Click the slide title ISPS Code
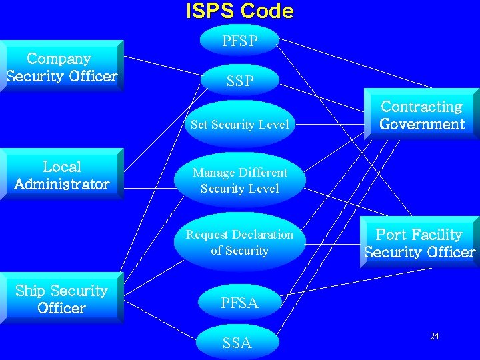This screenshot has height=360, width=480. [239, 11]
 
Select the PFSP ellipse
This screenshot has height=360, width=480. [239, 41]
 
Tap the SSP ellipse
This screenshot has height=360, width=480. [239, 81]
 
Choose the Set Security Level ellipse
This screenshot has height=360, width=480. [239, 124]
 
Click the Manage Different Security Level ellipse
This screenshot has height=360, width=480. [239, 180]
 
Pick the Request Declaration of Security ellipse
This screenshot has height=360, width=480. [239, 242]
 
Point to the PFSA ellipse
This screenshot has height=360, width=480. [239, 303]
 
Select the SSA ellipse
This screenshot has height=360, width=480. [237, 343]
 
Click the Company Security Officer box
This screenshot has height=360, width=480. [61, 67]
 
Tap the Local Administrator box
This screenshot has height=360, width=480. [61, 175]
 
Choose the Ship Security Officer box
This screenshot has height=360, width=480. [61, 299]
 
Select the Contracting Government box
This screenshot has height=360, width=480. [421, 115]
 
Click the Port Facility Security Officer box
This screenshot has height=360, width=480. [419, 243]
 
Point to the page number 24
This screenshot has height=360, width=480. [434, 336]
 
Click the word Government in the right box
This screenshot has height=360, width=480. [421, 124]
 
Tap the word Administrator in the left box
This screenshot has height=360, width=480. [61, 184]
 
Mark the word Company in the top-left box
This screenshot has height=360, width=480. [59, 59]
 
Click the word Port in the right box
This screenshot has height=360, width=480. [390, 235]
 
